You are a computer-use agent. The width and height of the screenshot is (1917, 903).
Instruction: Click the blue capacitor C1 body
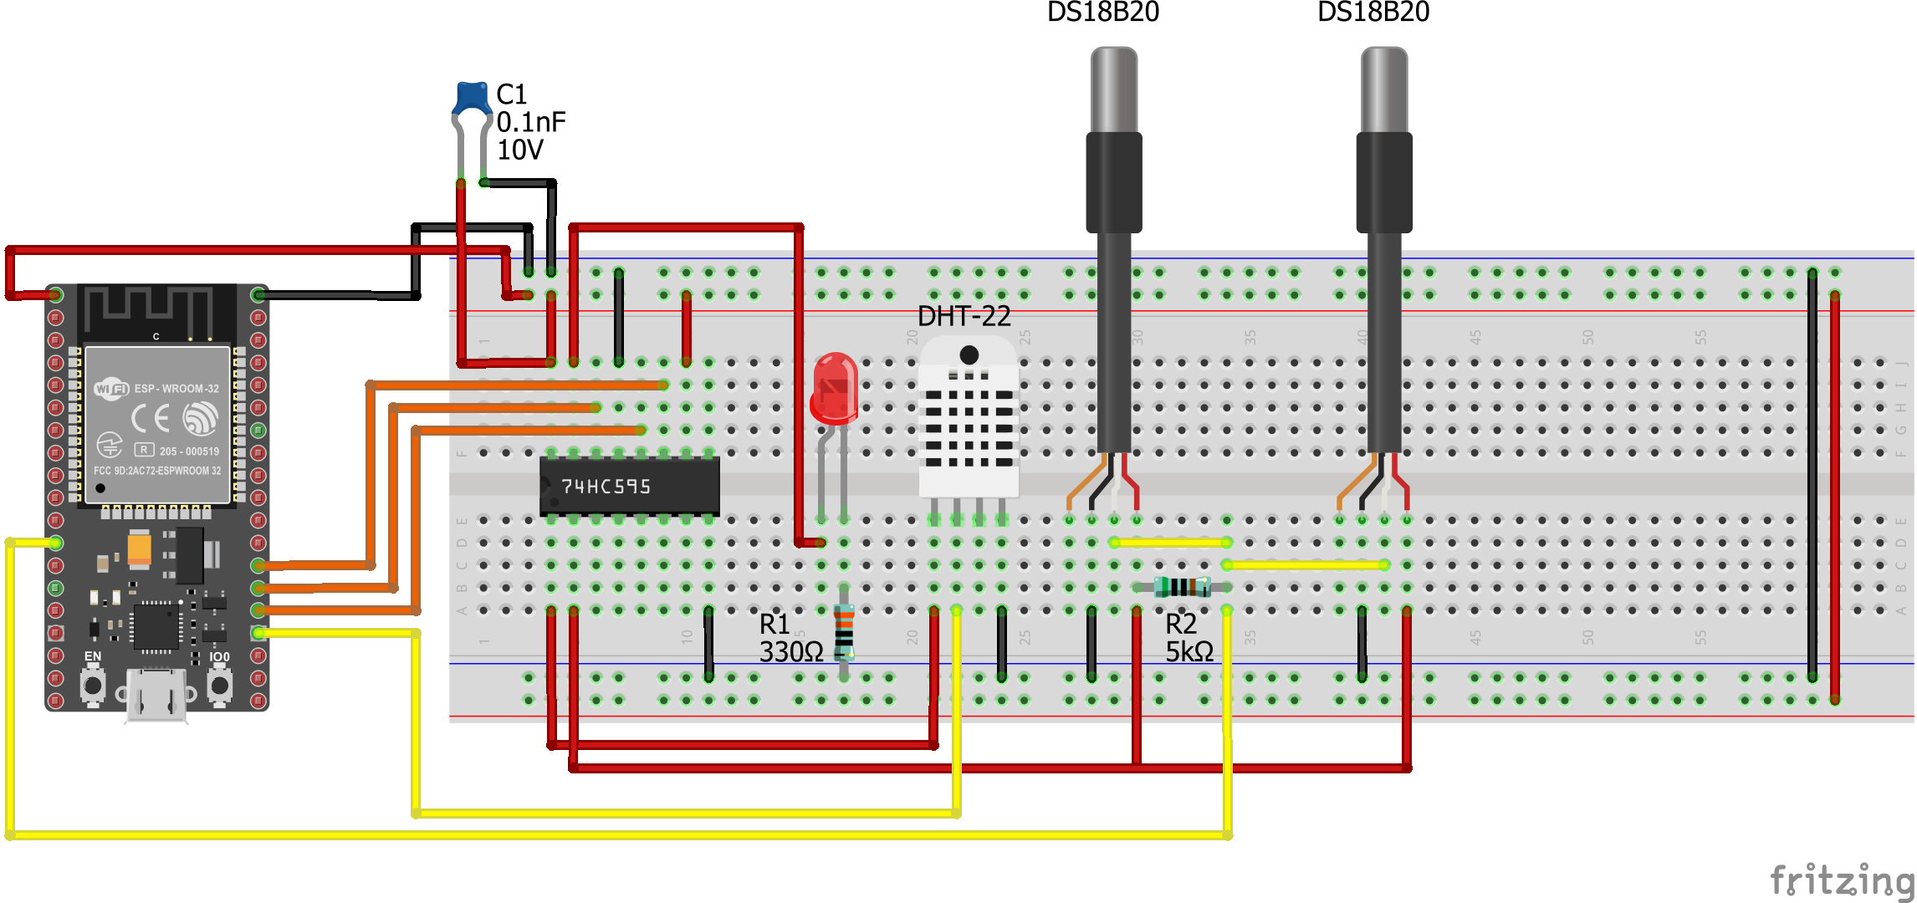[473, 97]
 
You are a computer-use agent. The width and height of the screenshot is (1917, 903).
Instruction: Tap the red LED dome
[834, 386]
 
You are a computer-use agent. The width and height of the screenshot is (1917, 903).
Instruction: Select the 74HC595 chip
[629, 486]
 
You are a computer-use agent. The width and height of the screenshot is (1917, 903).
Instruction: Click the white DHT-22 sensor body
[969, 418]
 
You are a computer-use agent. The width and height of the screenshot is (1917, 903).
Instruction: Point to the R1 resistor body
[844, 631]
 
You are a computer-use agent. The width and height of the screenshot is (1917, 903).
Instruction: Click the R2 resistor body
[1182, 587]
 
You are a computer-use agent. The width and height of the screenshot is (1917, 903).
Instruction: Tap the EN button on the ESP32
[93, 686]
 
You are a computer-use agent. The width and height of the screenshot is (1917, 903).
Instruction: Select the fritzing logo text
[1841, 880]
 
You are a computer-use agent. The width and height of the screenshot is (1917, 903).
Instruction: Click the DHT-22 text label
[964, 316]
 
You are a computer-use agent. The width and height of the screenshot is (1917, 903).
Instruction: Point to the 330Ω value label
[790, 651]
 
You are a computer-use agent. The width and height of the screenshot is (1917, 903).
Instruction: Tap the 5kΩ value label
[1189, 651]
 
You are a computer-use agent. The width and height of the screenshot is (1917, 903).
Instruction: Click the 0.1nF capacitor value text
[531, 122]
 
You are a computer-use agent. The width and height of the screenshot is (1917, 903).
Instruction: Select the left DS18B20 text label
[1102, 12]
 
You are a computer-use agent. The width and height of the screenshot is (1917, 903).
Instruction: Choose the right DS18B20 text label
[1373, 12]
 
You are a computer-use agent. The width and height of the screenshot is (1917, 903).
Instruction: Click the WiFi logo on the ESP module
[111, 388]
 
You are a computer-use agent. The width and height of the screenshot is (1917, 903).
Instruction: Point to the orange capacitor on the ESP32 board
[140, 548]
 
